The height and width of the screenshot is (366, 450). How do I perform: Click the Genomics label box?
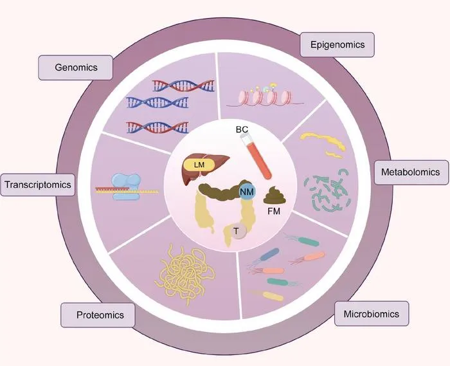point(75,68)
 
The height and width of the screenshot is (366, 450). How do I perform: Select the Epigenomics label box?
point(337,45)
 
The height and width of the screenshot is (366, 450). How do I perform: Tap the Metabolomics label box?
point(411,172)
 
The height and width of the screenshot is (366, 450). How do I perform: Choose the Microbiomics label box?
point(372,313)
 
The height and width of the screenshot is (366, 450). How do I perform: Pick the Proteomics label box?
point(98,315)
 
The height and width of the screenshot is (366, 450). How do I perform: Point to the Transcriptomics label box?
point(37,185)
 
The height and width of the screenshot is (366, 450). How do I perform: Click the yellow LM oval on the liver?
point(199,165)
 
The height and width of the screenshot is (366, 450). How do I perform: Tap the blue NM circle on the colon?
point(247,192)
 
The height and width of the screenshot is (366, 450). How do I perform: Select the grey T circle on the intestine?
point(239,232)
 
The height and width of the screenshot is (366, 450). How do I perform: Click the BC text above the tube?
point(242,129)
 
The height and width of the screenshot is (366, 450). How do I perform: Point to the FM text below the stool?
point(274,211)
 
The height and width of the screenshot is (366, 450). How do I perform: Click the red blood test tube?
point(256,156)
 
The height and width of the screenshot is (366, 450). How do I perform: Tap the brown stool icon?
point(274,196)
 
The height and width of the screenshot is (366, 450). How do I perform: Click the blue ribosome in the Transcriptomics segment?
point(127,187)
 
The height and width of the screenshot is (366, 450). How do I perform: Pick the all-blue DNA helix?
point(157,102)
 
